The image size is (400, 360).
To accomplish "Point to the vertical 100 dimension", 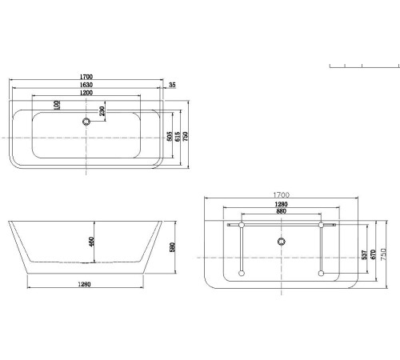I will [x=57, y=106].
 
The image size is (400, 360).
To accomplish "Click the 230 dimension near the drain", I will [x=102, y=111].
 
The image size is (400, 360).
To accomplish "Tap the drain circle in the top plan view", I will [x=85, y=122].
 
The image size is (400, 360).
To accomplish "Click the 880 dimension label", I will [x=278, y=211].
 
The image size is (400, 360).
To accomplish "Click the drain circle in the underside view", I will [x=280, y=240].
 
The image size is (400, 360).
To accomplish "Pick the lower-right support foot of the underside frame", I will [x=321, y=275].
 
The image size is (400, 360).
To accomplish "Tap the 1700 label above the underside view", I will [x=281, y=194].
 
